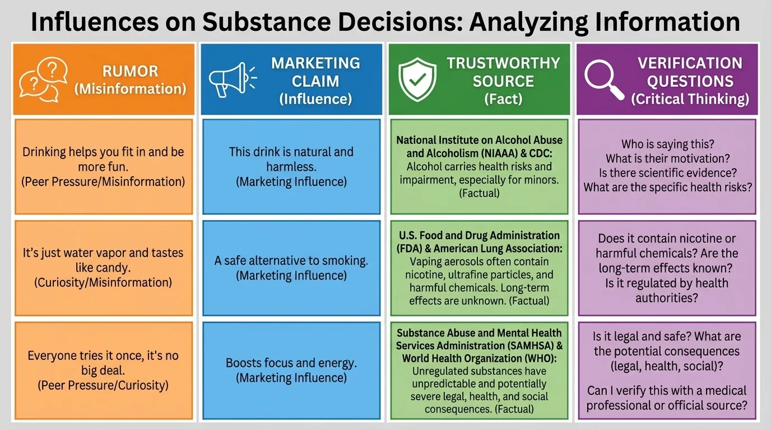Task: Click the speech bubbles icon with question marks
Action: pos(43,81)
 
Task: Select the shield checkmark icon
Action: pos(416,80)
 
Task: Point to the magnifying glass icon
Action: pos(604,80)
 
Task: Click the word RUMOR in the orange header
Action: pos(130,71)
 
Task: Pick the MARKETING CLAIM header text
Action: pos(315,72)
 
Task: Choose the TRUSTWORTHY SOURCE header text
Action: pos(503,72)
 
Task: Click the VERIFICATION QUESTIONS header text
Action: pos(690,72)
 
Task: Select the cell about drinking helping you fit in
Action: pos(103,166)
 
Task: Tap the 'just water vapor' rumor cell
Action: pos(103,268)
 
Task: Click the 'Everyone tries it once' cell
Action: pos(103,370)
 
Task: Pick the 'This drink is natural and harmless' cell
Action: pos(291,166)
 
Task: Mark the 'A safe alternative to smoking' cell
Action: pos(291,268)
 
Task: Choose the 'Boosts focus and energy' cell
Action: pos(291,370)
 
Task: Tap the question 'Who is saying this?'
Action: pos(666,144)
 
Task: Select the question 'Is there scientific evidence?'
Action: pos(666,173)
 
